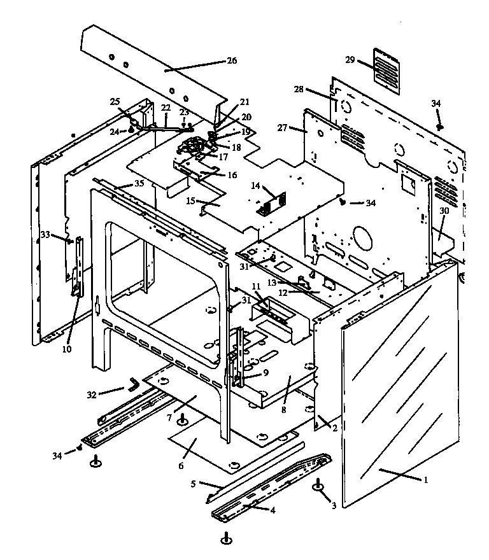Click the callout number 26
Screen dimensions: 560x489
[231, 61]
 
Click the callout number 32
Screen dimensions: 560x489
[92, 395]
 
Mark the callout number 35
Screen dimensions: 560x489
[139, 184]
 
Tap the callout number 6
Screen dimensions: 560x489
[181, 466]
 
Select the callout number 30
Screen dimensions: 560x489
[444, 211]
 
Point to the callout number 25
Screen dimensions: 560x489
[115, 101]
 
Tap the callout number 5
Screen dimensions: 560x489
[193, 483]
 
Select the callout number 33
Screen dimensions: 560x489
[45, 235]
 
